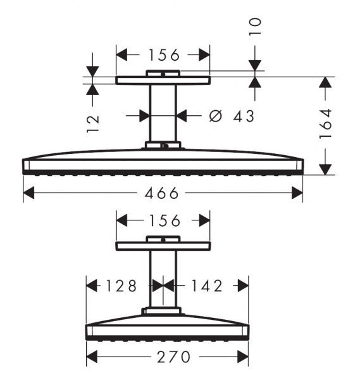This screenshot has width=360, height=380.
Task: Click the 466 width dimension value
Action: click(x=161, y=193)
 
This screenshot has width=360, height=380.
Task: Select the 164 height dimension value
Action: click(x=325, y=124)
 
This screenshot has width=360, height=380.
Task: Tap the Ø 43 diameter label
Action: click(x=232, y=116)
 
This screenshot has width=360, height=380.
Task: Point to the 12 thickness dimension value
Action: click(x=93, y=123)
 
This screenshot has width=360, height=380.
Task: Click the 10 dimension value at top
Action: click(x=256, y=27)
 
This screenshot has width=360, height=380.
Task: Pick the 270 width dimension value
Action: click(x=173, y=357)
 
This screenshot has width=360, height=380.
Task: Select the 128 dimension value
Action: click(x=121, y=286)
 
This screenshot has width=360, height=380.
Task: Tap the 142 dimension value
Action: click(x=207, y=286)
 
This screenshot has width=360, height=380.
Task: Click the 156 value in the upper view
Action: click(x=164, y=54)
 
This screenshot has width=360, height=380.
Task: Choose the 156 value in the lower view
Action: click(x=164, y=220)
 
